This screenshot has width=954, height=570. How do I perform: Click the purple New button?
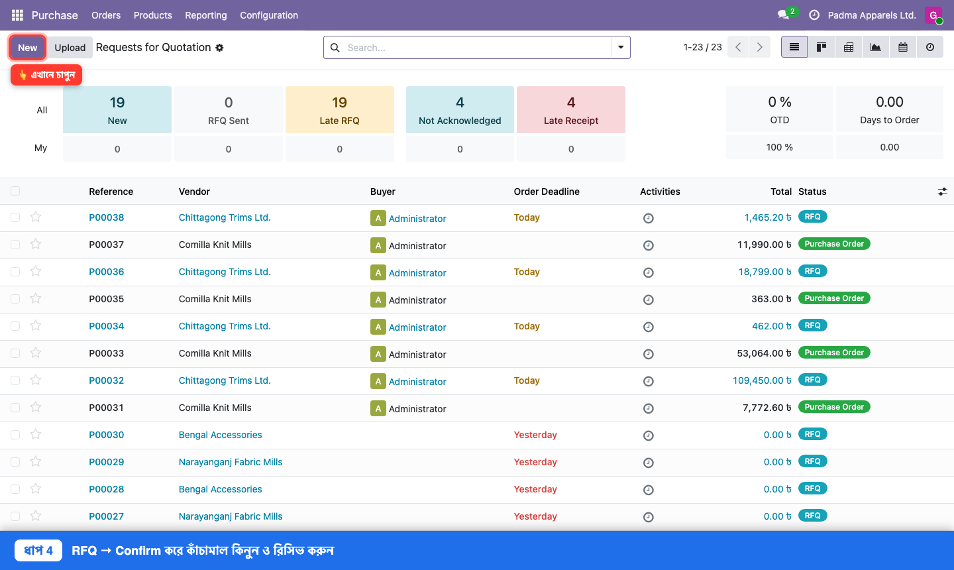(27, 47)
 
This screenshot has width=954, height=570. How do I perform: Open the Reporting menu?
(205, 15)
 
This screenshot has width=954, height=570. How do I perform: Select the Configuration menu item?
(269, 15)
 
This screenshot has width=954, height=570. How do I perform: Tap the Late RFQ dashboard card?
(339, 110)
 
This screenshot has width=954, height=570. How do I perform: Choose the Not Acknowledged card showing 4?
(460, 110)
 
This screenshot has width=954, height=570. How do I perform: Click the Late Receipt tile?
(570, 110)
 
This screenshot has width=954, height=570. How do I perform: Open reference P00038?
(107, 217)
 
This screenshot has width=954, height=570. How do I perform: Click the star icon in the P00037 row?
(36, 244)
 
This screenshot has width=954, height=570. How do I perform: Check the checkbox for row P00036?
(15, 272)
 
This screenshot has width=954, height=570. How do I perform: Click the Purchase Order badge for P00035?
(834, 298)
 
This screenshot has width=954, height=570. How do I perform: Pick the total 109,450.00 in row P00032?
(762, 380)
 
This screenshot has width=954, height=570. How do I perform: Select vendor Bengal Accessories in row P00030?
(220, 435)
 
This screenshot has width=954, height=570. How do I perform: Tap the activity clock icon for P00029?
(648, 463)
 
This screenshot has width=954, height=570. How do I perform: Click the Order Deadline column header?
(547, 192)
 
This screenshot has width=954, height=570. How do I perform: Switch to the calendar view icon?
(902, 47)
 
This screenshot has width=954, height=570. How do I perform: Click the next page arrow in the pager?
(759, 47)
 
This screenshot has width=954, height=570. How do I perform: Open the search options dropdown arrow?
(621, 47)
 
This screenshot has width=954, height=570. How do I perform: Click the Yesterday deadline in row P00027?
(535, 516)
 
